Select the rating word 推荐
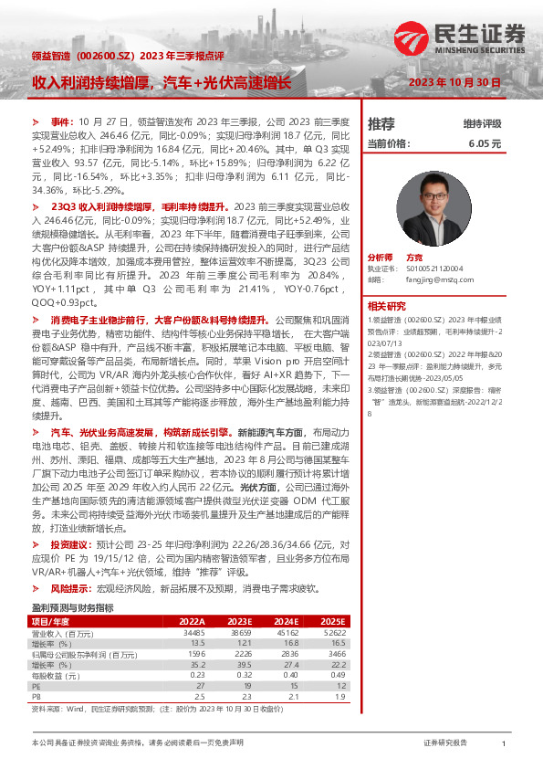pyautogui.click(x=381, y=123)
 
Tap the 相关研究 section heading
pyautogui.click(x=387, y=306)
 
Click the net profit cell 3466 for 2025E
pyautogui.click(x=335, y=653)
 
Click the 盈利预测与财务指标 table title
pyautogui.click(x=72, y=607)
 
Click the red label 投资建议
pyautogui.click(x=71, y=543)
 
